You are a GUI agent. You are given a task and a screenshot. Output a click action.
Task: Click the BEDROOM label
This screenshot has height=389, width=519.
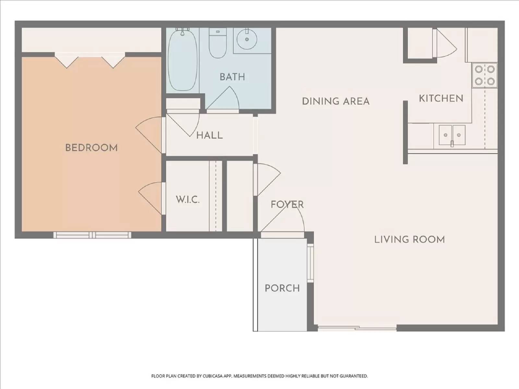[x=91, y=148]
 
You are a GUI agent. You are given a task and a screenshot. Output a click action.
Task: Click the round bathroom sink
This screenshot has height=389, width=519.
[x=247, y=40]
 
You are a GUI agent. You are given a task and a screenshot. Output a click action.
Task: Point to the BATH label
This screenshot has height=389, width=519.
[x=232, y=77]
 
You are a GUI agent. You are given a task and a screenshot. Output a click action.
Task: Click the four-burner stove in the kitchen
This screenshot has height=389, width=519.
[x=485, y=75]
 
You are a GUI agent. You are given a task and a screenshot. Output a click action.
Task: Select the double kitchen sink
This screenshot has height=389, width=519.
[x=452, y=135]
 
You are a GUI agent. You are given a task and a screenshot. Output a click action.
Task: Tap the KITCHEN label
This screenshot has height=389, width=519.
[x=441, y=98]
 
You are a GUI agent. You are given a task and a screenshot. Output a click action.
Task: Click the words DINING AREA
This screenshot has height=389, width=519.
[x=336, y=101]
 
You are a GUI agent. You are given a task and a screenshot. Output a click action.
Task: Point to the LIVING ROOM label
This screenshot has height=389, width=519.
[x=409, y=240]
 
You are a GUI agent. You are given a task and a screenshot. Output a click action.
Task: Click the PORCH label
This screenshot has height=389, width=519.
[x=282, y=288]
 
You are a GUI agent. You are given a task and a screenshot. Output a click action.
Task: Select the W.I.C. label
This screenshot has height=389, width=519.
[x=187, y=199]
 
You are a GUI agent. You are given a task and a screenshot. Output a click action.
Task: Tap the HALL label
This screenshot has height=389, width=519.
[x=210, y=135]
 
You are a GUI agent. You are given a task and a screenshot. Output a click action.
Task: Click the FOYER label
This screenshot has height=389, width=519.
[x=287, y=205]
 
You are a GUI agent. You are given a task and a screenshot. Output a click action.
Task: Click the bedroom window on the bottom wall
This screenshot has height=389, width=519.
[x=92, y=235]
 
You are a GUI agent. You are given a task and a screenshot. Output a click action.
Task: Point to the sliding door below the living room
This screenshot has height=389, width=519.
[x=357, y=328]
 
